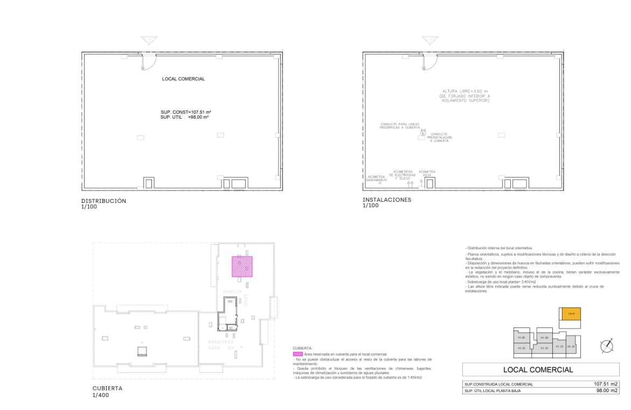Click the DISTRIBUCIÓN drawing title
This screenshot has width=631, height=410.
click(103, 201)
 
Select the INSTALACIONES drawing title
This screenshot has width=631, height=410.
click(387, 200)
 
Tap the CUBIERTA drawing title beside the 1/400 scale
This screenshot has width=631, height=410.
click(107, 388)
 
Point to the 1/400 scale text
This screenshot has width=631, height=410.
click(101, 395)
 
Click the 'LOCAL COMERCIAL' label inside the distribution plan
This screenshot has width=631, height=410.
click(183, 79)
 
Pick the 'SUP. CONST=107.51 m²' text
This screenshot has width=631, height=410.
click(185, 112)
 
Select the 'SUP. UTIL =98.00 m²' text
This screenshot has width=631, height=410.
click(184, 117)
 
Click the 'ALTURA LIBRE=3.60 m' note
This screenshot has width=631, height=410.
click(464, 91)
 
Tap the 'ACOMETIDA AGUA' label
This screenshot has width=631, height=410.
click(427, 173)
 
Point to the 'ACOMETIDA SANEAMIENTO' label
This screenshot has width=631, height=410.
click(376, 179)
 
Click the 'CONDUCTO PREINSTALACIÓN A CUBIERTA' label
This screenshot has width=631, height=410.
click(439, 137)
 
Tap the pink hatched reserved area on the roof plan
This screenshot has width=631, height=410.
click(242, 266)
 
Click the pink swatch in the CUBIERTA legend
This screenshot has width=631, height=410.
click(297, 353)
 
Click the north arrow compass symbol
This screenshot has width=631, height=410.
click(608, 345)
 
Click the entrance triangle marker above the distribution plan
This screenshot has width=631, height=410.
click(148, 41)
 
